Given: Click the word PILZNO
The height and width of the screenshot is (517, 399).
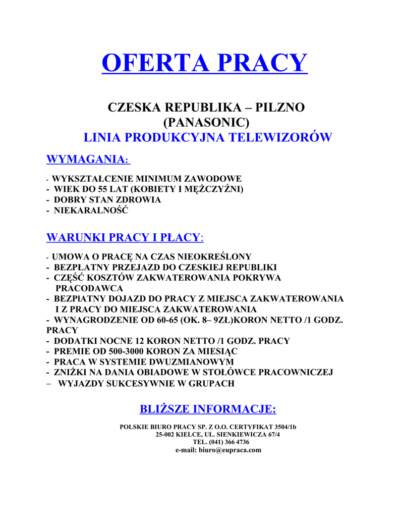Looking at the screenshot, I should [x=280, y=108].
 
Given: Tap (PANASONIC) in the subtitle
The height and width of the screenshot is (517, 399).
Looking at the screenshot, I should [x=207, y=122].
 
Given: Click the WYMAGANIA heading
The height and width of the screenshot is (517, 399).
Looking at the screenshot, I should [x=87, y=160].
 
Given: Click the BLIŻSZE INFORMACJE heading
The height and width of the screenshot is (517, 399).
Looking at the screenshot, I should [x=207, y=408].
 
